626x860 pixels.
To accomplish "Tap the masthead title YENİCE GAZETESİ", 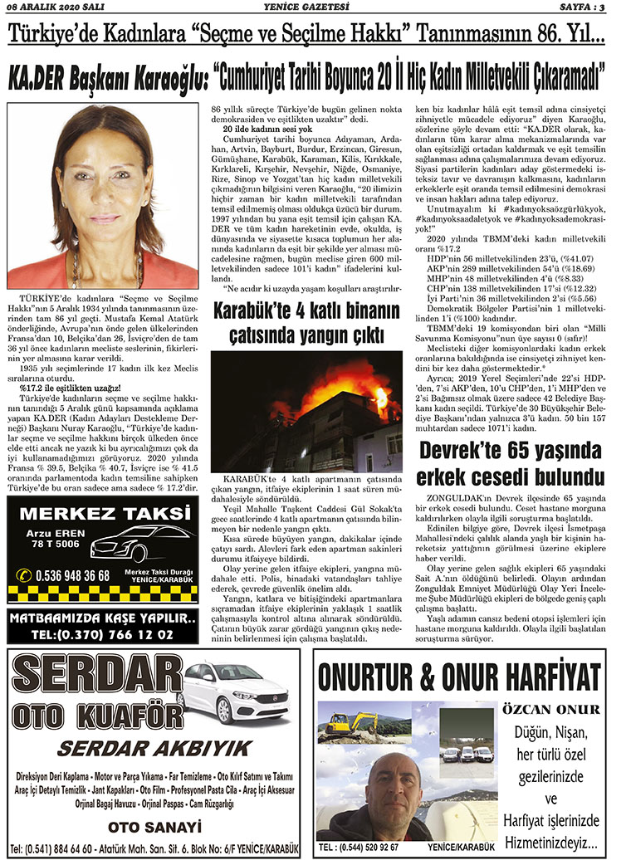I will point(313,7).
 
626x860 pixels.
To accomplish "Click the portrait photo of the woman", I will point(102,196).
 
